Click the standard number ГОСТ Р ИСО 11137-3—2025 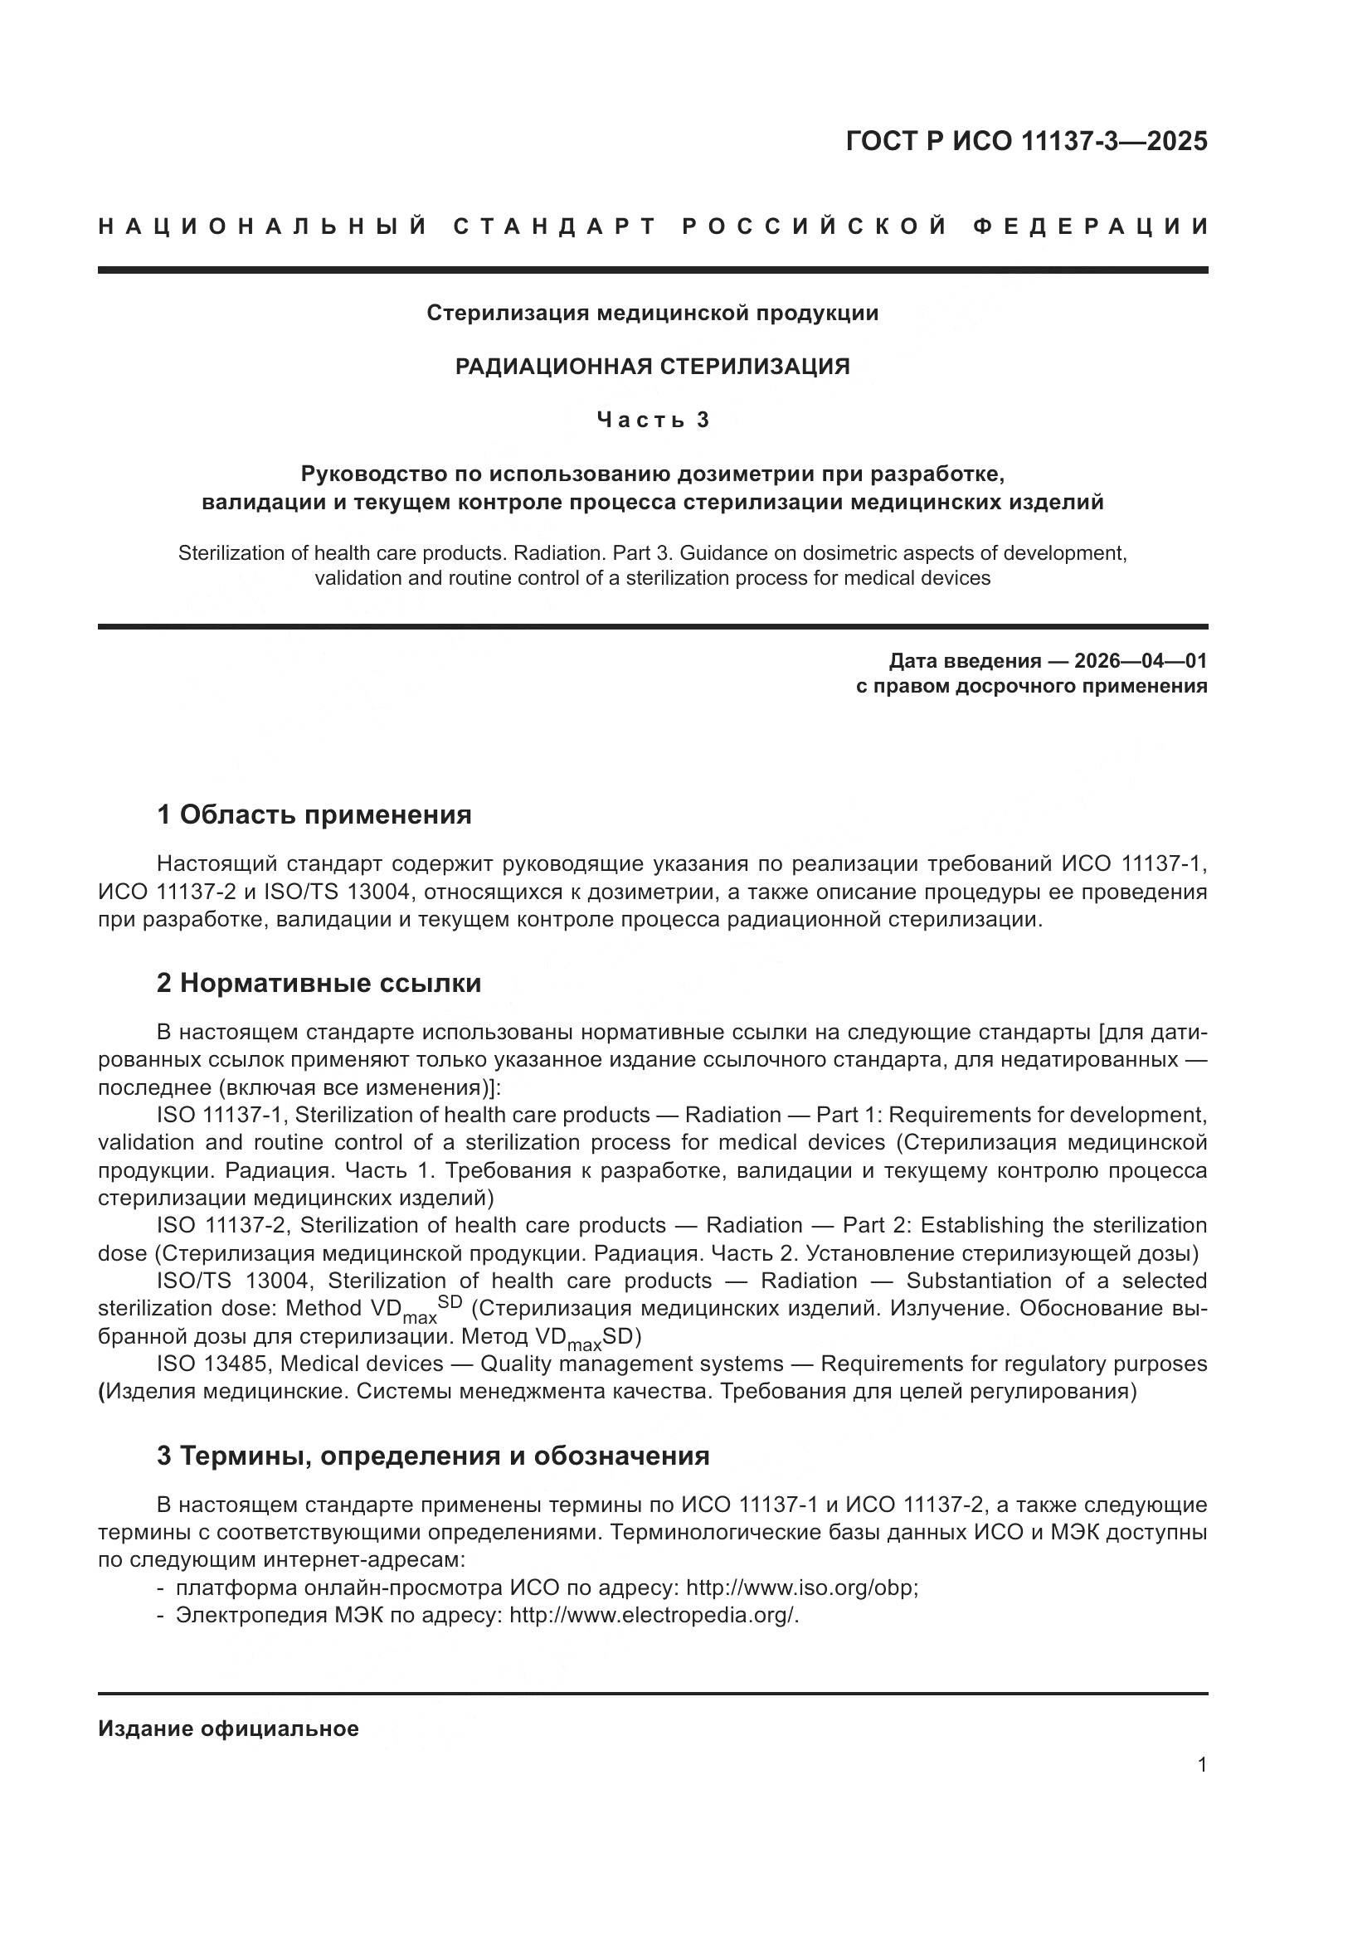pyautogui.click(x=1025, y=141)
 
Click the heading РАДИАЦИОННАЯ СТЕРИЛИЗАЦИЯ pyautogui.click(x=652, y=367)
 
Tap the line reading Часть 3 pyautogui.click(x=653, y=420)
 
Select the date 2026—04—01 pyautogui.click(x=1141, y=660)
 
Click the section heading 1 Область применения pyautogui.click(x=314, y=814)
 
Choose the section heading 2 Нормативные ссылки pyautogui.click(x=319, y=983)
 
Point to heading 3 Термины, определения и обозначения pyautogui.click(x=432, y=1456)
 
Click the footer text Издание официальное pyautogui.click(x=228, y=1728)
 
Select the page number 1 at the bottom pyautogui.click(x=1201, y=1765)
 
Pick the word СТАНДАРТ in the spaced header pyautogui.click(x=554, y=226)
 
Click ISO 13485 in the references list pyautogui.click(x=213, y=1364)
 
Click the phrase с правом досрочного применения pyautogui.click(x=1031, y=686)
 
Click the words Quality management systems pyautogui.click(x=632, y=1364)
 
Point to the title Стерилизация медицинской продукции pyautogui.click(x=652, y=314)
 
